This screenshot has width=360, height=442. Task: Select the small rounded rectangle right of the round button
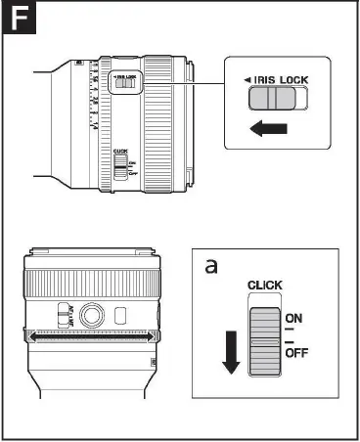click(x=119, y=315)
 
